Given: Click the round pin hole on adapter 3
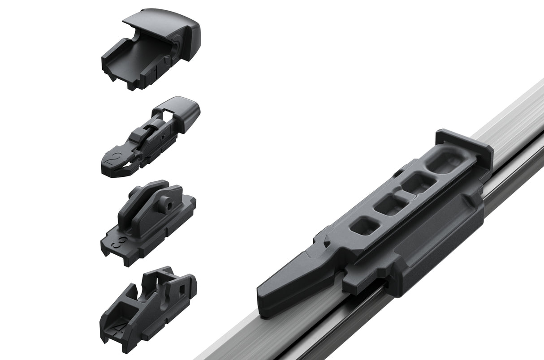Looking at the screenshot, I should click(x=166, y=204).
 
